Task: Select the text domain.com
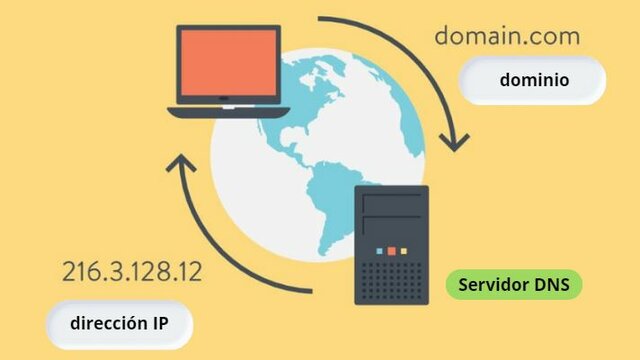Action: click(x=507, y=37)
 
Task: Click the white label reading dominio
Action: click(x=534, y=80)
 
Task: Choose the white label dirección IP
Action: click(x=118, y=324)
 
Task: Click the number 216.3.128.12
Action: click(x=131, y=271)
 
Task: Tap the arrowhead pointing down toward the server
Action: click(x=455, y=141)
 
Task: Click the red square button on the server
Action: click(x=392, y=249)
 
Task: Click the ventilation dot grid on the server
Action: click(x=392, y=278)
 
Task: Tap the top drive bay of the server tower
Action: click(x=392, y=201)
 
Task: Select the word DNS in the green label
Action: click(x=554, y=285)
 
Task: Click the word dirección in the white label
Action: click(x=107, y=324)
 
